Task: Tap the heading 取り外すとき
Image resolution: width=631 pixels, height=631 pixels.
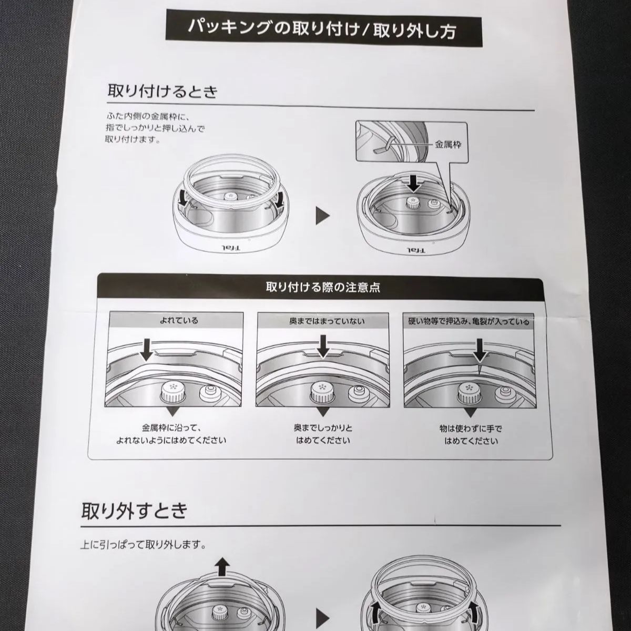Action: (135, 510)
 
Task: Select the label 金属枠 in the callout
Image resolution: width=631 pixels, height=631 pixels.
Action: (447, 145)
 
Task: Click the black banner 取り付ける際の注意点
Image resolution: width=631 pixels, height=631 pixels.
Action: (323, 288)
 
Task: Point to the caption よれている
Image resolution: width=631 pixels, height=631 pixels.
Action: (179, 320)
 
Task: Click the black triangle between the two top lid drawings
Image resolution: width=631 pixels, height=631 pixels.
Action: (323, 216)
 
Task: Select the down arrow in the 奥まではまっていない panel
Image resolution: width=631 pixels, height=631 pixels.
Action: (323, 347)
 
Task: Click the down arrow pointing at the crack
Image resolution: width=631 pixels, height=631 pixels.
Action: (479, 349)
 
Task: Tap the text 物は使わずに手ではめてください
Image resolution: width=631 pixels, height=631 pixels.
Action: (471, 434)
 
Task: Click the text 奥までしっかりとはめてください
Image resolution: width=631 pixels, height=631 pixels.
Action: (323, 434)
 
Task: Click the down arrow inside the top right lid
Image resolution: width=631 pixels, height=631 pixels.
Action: (414, 182)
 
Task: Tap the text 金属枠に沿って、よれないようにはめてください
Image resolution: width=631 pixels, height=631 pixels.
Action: (171, 434)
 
